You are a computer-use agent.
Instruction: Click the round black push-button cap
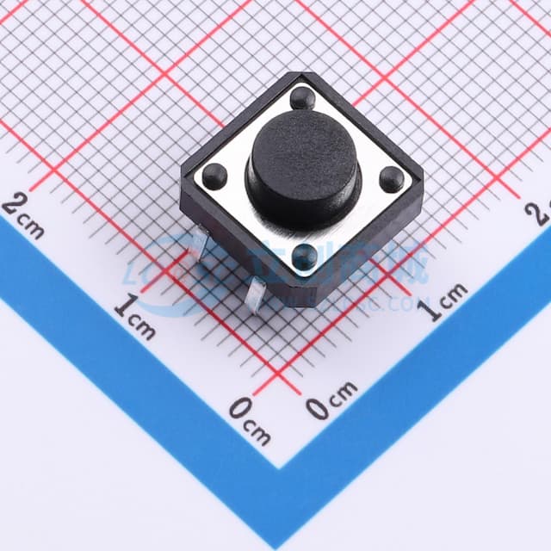pyautogui.click(x=301, y=164)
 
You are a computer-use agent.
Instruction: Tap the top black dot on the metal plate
pyautogui.click(x=302, y=98)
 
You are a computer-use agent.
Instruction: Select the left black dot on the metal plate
pyautogui.click(x=214, y=176)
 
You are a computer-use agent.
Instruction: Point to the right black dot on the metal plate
pyautogui.click(x=392, y=179)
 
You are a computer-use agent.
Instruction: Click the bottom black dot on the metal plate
pyautogui.click(x=303, y=256)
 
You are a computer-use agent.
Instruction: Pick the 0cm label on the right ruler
pyautogui.click(x=331, y=401)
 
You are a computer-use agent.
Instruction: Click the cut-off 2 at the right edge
pyautogui.click(x=543, y=212)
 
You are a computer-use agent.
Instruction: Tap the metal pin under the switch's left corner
pyautogui.click(x=197, y=249)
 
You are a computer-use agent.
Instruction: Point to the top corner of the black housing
pyautogui.click(x=300, y=74)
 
